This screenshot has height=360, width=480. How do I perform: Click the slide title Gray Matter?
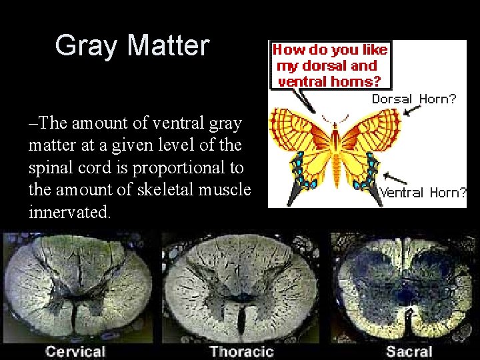click(x=132, y=45)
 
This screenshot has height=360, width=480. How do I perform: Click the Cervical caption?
click(x=75, y=351)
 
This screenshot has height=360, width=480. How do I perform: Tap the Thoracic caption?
click(x=241, y=351)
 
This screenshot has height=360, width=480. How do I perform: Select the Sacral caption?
click(x=409, y=351)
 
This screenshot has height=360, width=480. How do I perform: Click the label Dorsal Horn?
click(x=414, y=99)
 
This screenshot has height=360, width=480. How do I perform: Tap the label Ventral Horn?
click(x=423, y=193)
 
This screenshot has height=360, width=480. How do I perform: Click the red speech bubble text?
click(x=331, y=65)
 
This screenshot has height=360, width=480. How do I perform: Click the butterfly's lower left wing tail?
click(x=297, y=193)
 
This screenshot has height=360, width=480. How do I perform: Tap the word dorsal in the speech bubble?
click(x=323, y=66)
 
